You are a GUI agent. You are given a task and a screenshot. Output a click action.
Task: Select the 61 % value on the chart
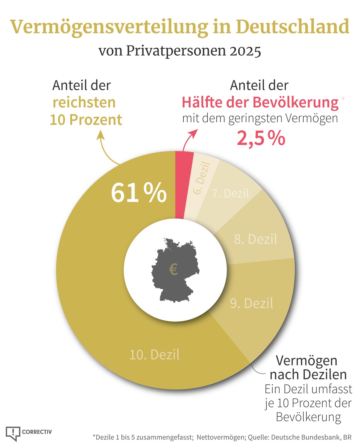[x=139, y=193]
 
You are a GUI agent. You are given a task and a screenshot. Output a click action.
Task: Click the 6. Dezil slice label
[x=201, y=178]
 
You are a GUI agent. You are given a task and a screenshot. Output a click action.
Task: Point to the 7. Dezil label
[x=230, y=193]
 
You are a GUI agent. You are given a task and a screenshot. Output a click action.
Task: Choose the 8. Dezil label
[x=255, y=239]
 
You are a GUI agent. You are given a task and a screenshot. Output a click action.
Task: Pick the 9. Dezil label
[x=251, y=303]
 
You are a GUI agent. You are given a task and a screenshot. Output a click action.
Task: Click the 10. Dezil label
[x=154, y=355]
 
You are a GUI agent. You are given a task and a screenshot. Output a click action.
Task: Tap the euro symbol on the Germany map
[x=173, y=269]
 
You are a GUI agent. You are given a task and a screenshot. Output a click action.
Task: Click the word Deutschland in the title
[x=292, y=27]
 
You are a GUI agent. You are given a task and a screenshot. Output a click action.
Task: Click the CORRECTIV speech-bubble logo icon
[x=13, y=433]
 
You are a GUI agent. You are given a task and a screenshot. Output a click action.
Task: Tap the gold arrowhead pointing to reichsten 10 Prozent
[x=100, y=136]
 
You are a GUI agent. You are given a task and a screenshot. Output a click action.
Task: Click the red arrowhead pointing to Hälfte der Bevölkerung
[x=194, y=133]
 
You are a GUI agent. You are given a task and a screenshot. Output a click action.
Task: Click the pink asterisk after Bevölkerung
[x=343, y=98]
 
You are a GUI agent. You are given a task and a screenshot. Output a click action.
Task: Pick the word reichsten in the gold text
[x=84, y=102]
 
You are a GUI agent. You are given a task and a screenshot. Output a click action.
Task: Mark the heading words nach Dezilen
[x=308, y=374]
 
